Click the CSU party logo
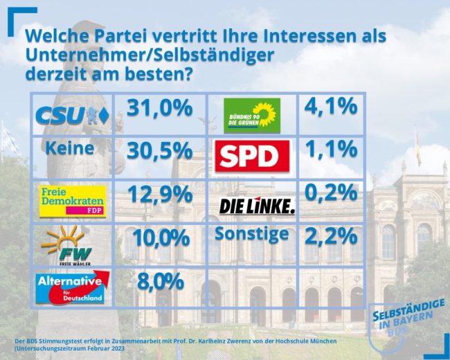pos(71,114)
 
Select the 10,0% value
pos(159,238)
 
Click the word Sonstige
pos(251,234)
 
